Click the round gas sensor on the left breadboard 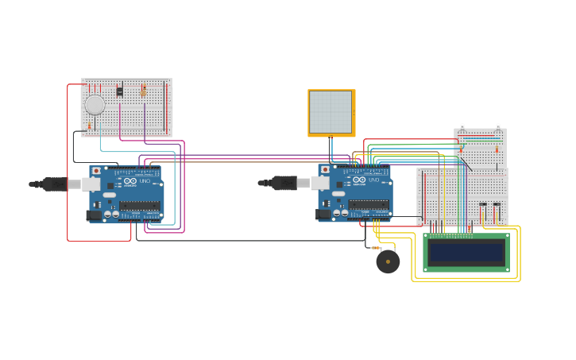pyautogui.click(x=95, y=104)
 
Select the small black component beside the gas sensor pyautogui.click(x=119, y=91)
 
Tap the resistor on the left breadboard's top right pyautogui.click(x=143, y=91)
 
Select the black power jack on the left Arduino pyautogui.click(x=95, y=215)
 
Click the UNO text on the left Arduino pyautogui.click(x=145, y=182)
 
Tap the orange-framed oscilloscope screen pyautogui.click(x=331, y=112)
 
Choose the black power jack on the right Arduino pyautogui.click(x=323, y=214)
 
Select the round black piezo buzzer pyautogui.click(x=388, y=261)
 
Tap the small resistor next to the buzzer pyautogui.click(x=376, y=248)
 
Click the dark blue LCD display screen pyautogui.click(x=466, y=253)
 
